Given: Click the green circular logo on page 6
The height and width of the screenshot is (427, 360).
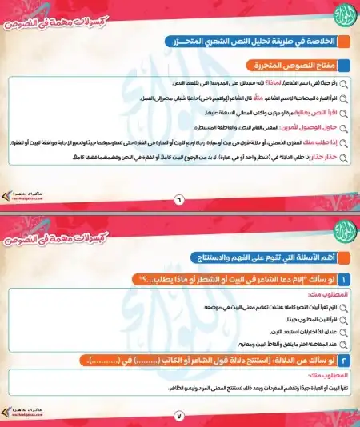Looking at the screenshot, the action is coord(338,15).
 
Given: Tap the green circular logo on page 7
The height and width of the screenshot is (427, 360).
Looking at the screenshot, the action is coord(338,228).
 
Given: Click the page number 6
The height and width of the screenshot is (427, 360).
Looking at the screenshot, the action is coord(179,199).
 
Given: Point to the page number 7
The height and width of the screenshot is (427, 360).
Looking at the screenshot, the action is coord(179,414).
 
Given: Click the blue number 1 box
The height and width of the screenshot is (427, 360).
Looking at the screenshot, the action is coord(343,279).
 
